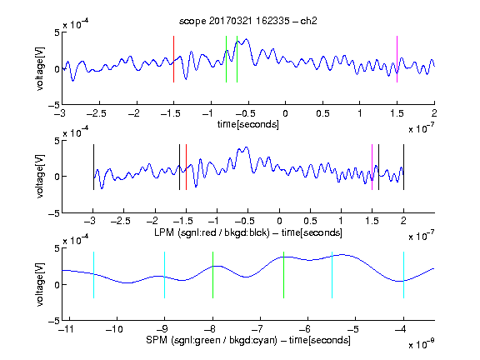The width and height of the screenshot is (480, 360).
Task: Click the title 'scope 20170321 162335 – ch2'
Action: pos(248,21)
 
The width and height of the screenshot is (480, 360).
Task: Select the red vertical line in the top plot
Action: pos(173,59)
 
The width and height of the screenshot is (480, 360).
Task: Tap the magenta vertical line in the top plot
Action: pos(397,59)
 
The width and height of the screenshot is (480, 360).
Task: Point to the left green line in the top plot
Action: pos(226,59)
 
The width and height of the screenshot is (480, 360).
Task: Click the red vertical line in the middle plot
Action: pos(186,167)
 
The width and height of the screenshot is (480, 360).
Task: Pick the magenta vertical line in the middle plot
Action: pos(372,167)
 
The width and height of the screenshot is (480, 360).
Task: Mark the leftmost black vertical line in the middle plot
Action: pos(93,167)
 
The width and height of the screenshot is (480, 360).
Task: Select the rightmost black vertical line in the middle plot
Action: pos(403,167)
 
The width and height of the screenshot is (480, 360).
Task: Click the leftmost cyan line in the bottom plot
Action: pos(93,275)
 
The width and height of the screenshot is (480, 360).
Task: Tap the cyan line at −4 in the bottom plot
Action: pos(403,275)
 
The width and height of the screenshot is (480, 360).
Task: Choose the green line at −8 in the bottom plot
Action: pos(212,275)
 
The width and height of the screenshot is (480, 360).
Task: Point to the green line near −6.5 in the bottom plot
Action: pos(284,275)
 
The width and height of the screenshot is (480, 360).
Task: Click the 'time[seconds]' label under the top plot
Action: pos(248,124)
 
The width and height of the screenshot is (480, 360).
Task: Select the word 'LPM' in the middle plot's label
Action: pos(164,232)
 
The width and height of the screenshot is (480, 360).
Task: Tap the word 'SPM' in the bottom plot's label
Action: pos(157,340)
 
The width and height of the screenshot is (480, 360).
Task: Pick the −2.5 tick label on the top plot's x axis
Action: pos(97,113)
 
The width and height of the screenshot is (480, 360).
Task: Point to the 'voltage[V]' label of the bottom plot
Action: pos(40,284)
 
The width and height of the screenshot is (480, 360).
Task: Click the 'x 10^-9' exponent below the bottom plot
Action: pos(421,344)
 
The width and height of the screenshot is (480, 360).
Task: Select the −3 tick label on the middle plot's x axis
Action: pos(91,221)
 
